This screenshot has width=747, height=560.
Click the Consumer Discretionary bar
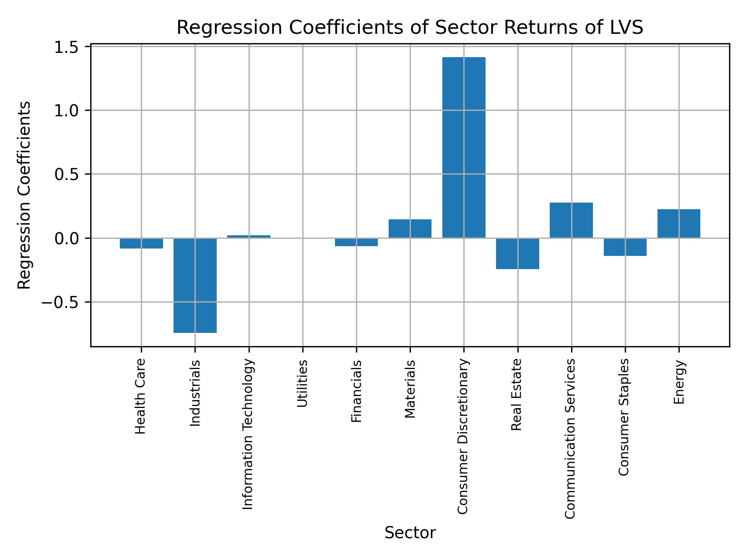[x=464, y=147]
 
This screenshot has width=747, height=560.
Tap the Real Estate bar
[x=517, y=253]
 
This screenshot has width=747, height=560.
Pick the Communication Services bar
[x=571, y=220]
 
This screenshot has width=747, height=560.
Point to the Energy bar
[x=679, y=224]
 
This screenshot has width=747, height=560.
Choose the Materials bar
[x=410, y=229]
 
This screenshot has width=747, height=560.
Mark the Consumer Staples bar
[x=625, y=247]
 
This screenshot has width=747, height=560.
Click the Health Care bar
[x=141, y=243]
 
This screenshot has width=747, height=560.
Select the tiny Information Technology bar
[x=249, y=236]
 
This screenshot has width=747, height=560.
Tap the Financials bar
[x=356, y=242]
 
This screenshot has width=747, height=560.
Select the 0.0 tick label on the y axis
[x=67, y=238]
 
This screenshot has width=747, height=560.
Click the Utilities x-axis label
[x=302, y=383]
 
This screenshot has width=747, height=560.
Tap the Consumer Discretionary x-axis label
[x=463, y=437]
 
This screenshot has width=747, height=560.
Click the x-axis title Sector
[x=410, y=533]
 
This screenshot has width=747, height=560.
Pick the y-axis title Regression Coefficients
[x=24, y=195]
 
